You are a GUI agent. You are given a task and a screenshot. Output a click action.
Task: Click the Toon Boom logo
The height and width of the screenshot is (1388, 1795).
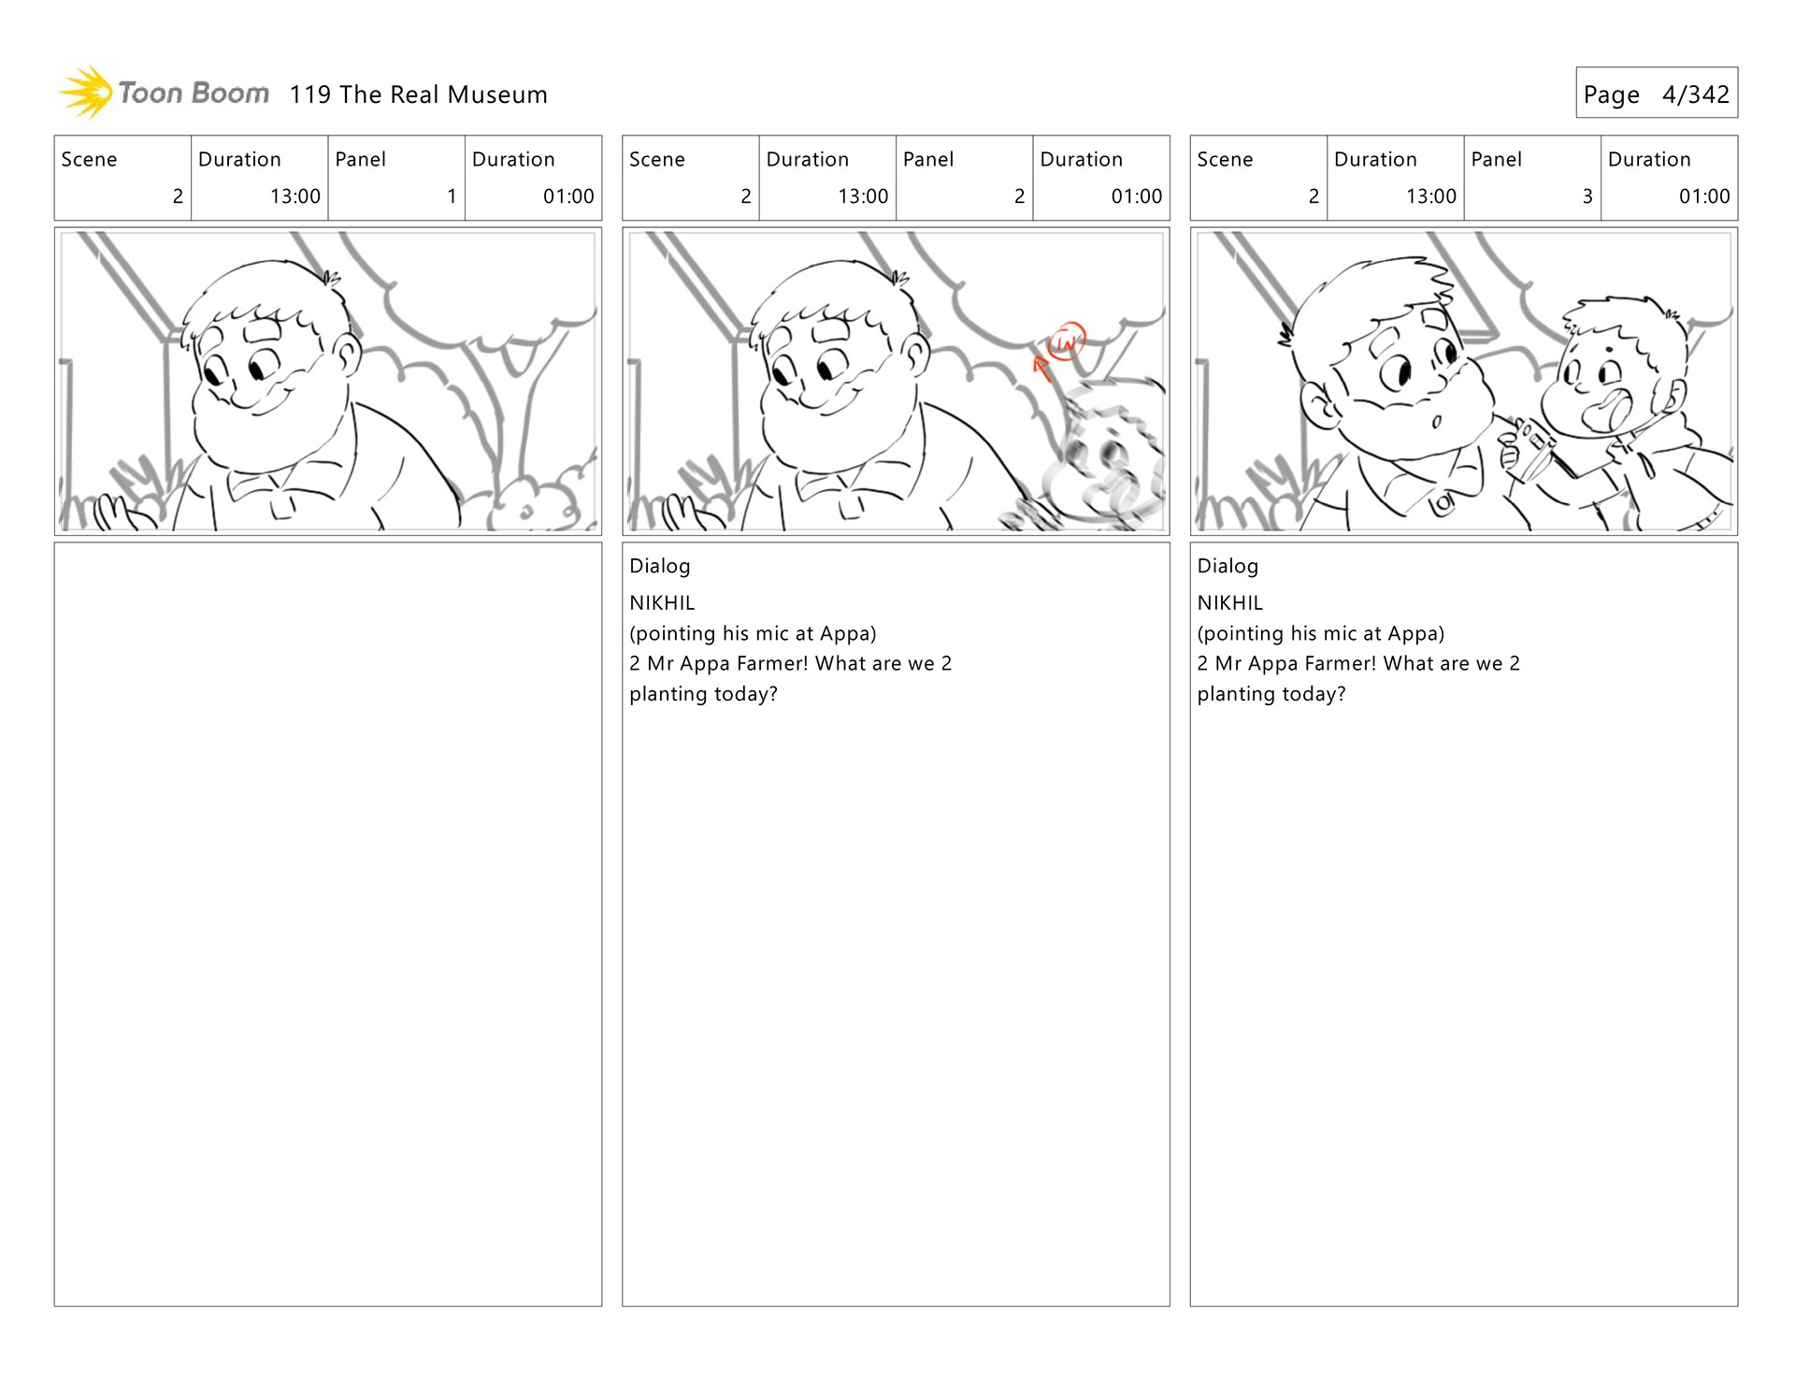164,93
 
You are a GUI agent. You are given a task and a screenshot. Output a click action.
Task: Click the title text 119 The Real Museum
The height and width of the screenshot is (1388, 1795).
418,94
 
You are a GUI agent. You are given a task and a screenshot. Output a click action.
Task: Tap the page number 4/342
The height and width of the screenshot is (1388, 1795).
1695,94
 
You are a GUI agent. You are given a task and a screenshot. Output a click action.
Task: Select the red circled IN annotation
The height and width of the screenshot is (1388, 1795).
1066,341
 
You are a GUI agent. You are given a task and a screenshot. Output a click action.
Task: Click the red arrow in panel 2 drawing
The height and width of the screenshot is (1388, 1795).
1041,368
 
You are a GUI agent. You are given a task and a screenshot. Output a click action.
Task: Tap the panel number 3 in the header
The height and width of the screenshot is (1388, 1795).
1587,196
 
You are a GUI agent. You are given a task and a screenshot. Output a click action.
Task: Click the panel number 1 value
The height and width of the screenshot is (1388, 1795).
452,196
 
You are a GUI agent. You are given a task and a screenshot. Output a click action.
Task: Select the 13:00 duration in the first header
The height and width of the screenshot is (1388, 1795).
295,196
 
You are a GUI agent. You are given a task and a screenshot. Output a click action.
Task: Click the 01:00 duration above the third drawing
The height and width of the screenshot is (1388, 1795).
1704,196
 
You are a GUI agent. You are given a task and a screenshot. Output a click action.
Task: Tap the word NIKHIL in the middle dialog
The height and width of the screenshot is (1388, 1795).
662,603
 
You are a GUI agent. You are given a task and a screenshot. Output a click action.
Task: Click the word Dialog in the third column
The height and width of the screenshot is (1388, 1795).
1228,566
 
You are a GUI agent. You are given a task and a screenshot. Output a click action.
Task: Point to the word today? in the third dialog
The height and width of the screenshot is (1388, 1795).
1314,694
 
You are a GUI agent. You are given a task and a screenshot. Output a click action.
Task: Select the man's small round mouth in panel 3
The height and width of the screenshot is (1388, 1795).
1437,421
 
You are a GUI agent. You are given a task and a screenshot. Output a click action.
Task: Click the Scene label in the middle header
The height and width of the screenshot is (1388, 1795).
657,160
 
